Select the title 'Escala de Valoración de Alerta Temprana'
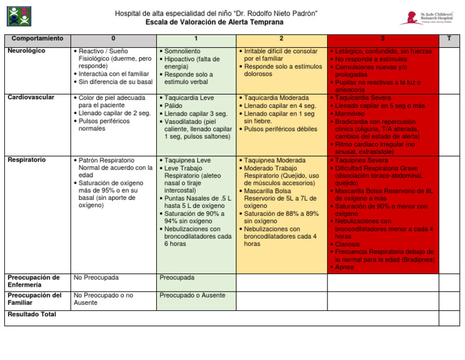[214, 22]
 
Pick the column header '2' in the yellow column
[280, 39]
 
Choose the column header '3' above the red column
[383, 39]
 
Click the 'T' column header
[448, 39]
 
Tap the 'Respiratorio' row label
[28, 161]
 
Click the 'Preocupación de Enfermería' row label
[33, 281]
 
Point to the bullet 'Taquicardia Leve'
[187, 98]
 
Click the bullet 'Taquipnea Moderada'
[276, 161]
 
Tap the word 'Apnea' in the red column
[345, 267]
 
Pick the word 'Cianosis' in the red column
[348, 245]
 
